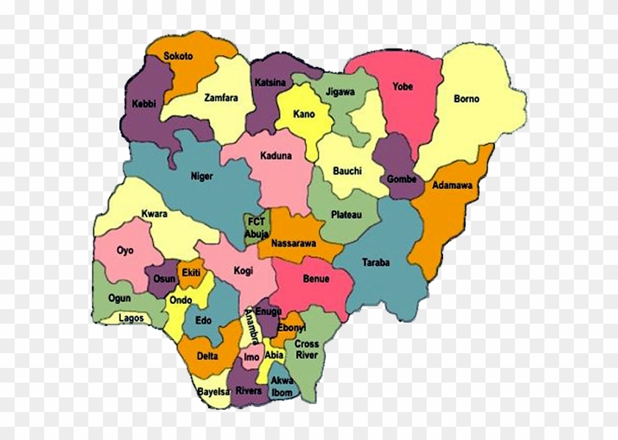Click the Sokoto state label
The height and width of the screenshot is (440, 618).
click(x=179, y=56)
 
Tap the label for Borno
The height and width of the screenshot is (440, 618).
click(x=466, y=99)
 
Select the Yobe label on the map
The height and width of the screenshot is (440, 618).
click(x=402, y=86)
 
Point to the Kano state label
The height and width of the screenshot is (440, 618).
click(x=304, y=114)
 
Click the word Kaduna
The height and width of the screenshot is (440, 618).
click(x=276, y=156)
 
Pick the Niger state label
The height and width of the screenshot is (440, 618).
click(x=202, y=176)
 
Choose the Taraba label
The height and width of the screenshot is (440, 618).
click(x=376, y=261)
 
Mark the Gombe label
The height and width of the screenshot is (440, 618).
click(x=401, y=179)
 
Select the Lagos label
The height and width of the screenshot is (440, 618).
click(x=130, y=318)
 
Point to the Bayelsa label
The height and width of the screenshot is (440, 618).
click(x=213, y=391)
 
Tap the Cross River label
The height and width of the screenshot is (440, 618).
click(x=307, y=349)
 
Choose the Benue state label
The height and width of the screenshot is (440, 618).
click(x=316, y=280)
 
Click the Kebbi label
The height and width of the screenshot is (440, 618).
click(x=144, y=104)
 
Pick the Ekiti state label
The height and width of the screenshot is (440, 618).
click(x=191, y=273)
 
